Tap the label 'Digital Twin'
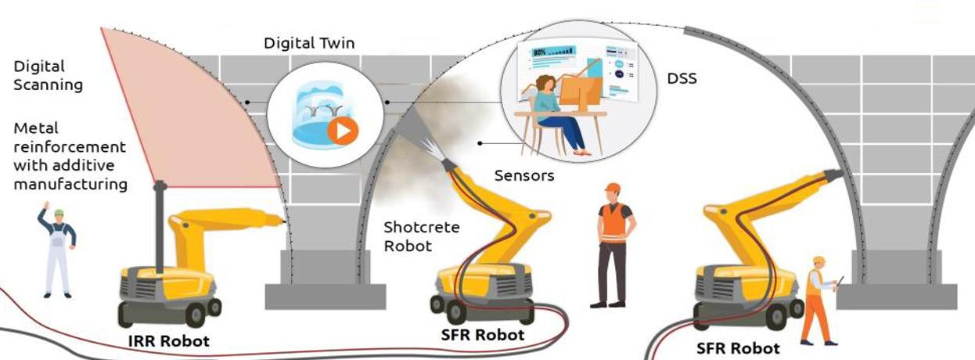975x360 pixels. (x=308, y=43)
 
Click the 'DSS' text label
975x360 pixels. (x=682, y=78)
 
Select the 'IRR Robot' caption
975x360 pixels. (x=169, y=341)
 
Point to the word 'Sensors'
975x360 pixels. (x=524, y=175)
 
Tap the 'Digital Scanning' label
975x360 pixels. (x=48, y=76)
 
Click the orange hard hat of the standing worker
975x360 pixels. (x=612, y=188)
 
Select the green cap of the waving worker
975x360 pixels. (x=58, y=212)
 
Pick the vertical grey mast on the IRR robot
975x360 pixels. (x=160, y=227)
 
